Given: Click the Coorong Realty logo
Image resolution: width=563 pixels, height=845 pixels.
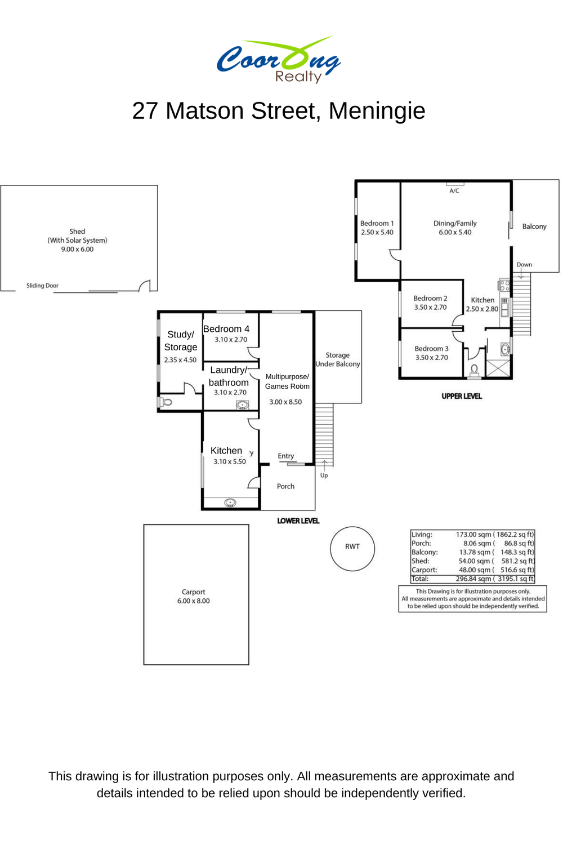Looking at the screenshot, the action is (278, 60).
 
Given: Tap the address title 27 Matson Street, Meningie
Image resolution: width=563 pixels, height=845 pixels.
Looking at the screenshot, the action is (279, 110).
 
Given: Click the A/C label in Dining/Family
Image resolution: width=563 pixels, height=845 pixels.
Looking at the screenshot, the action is (454, 191).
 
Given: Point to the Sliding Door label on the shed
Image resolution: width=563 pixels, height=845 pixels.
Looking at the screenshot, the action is (42, 286).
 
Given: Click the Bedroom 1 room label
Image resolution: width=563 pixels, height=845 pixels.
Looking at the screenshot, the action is (377, 223).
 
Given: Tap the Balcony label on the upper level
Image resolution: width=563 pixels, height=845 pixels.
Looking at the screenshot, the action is (534, 226).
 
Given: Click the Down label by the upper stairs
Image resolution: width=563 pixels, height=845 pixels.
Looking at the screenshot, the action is (524, 264).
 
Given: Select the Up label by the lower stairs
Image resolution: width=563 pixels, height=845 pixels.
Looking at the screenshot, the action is (324, 475).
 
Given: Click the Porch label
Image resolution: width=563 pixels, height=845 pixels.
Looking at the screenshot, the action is (285, 486).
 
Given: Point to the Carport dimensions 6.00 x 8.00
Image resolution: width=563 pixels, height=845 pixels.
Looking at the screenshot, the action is (194, 601).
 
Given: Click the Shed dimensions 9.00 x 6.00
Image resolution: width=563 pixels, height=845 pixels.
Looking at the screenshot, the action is (77, 249).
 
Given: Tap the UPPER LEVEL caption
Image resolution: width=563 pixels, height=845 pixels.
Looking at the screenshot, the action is (462, 396).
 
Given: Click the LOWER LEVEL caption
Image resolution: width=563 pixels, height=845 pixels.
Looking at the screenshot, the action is (298, 521).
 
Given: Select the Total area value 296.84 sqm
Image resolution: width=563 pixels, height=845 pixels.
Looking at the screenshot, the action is (473, 579).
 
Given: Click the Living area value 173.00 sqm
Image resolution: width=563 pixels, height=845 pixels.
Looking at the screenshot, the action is (473, 534).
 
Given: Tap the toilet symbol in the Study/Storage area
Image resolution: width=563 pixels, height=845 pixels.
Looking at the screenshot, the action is (166, 402).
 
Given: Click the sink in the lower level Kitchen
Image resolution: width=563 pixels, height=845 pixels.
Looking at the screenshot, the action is (230, 502).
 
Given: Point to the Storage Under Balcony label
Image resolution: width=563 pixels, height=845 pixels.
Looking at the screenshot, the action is (337, 359).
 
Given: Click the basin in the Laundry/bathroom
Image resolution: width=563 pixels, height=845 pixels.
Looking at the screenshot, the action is (242, 405).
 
